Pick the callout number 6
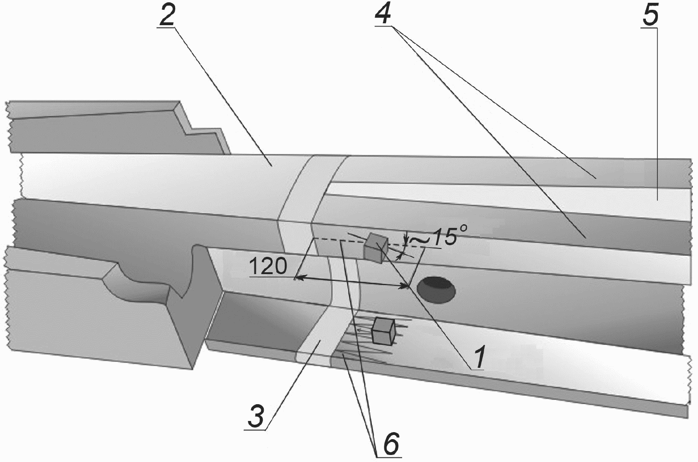[391, 444]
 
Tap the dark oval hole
[436, 290]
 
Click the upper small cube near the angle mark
[376, 248]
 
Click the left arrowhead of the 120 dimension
[299, 276]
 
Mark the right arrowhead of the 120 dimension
[404, 285]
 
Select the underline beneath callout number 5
[649, 28]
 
